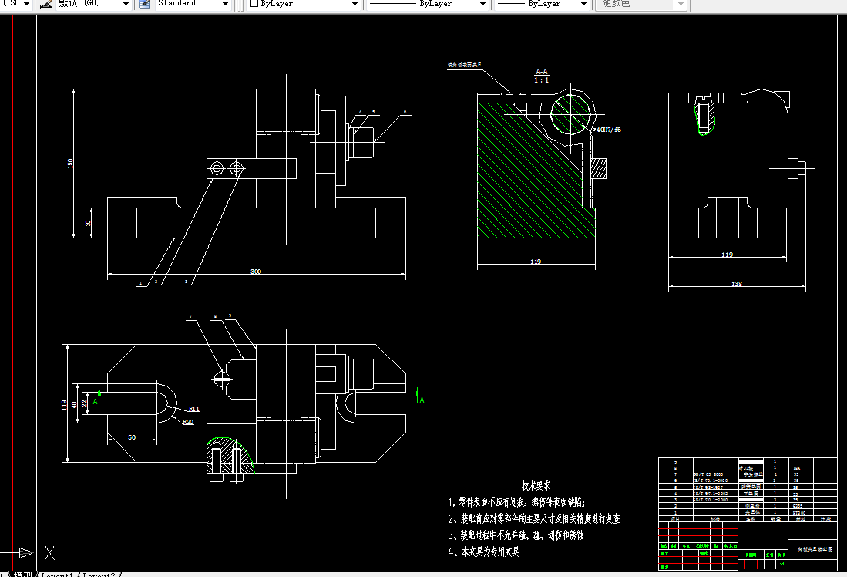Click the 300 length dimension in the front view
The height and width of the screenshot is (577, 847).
tap(255, 272)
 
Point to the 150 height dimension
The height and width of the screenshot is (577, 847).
tap(71, 163)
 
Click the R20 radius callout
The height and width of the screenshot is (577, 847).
tap(188, 422)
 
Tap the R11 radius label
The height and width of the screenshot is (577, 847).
tap(193, 409)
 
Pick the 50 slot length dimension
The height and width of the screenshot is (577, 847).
tap(133, 437)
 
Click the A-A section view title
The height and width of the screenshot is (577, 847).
tap(542, 71)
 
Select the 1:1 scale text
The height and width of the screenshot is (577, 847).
tap(542, 79)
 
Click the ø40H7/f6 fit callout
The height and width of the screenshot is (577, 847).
tap(607, 130)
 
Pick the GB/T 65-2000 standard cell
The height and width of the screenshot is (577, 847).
tap(708, 474)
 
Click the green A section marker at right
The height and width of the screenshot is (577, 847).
tap(422, 400)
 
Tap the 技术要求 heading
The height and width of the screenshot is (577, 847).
tap(536, 486)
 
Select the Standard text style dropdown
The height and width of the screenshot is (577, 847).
tap(193, 4)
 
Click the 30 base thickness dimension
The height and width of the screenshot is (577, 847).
tap(88, 223)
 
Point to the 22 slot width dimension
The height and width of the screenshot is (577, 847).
tap(85, 401)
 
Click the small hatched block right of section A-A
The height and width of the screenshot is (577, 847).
tap(600, 166)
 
